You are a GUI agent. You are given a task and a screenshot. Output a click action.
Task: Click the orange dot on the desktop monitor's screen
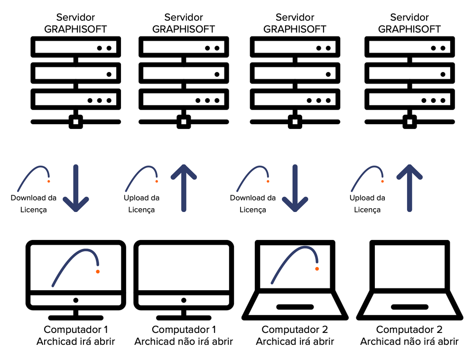[98, 271]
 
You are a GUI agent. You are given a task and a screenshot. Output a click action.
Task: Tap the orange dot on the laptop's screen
[317, 269]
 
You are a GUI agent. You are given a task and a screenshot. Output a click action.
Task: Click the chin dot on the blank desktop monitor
[184, 300]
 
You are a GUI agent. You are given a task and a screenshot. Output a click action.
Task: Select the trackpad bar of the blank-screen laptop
[409, 307]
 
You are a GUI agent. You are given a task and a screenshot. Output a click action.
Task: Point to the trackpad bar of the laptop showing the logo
[295, 307]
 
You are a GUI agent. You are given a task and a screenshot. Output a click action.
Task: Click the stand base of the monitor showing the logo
[76, 318]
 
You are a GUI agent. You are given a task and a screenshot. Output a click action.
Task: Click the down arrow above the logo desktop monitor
[76, 188]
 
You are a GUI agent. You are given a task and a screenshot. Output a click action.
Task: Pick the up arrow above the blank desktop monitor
[184, 188]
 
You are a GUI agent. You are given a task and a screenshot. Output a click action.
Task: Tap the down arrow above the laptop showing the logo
[295, 188]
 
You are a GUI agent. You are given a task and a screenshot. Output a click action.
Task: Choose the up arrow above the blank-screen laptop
[409, 188]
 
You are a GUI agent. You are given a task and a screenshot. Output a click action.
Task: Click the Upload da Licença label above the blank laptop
[367, 204]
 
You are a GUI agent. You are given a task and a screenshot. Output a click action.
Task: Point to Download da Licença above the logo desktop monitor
[34, 204]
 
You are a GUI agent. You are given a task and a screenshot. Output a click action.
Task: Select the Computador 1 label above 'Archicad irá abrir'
[76, 329]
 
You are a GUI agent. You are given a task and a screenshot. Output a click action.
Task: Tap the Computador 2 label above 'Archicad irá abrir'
[295, 329]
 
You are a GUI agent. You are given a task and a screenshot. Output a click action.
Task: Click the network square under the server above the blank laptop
[409, 122]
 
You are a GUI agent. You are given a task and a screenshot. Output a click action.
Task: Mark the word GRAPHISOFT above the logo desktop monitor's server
[75, 29]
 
